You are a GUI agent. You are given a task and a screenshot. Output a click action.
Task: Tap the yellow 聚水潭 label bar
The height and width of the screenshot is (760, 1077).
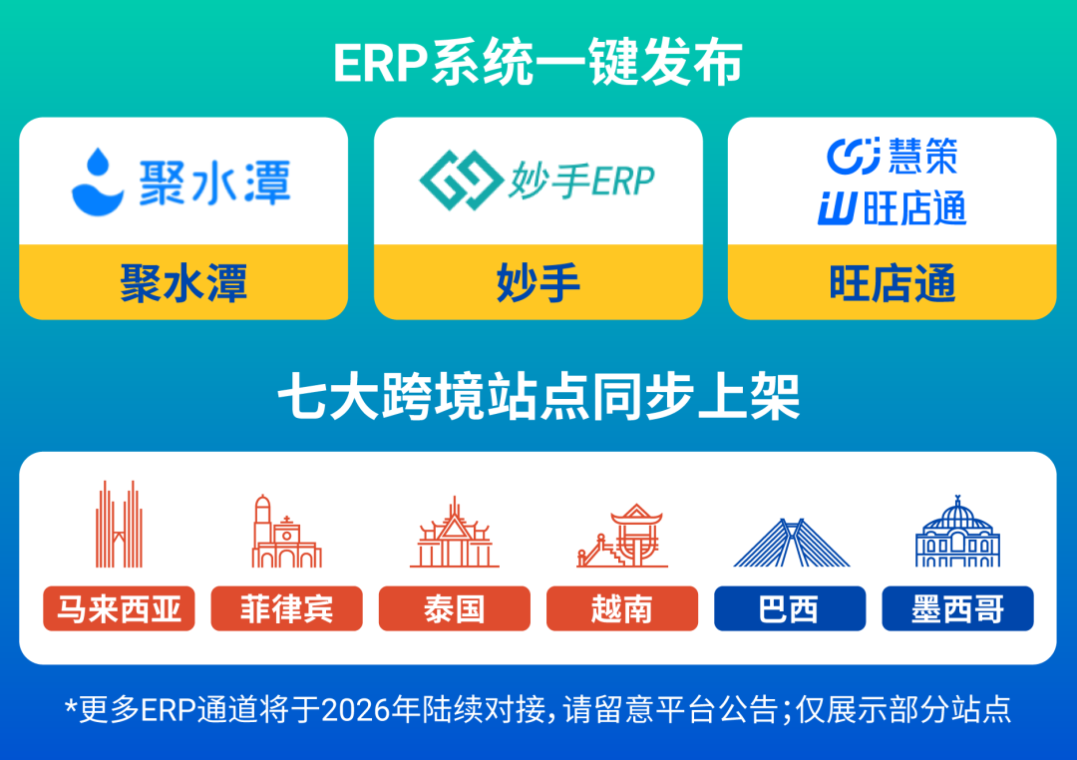pos(183,283)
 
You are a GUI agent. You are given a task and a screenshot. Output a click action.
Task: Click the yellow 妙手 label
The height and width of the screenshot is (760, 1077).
pos(538,283)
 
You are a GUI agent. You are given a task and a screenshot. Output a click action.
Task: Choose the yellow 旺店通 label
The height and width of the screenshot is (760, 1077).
pos(892,283)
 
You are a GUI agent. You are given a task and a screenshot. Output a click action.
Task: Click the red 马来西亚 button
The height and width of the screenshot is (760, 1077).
pos(119,608)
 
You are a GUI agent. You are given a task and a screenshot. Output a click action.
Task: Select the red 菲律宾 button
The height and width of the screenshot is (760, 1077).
pos(286,608)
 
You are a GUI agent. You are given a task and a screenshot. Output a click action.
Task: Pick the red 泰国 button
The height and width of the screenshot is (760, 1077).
pos(455,608)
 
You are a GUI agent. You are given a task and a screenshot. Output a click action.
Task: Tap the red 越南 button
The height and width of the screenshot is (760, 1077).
pos(622,608)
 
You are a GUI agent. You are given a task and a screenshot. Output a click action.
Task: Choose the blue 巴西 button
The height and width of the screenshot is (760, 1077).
pos(790,608)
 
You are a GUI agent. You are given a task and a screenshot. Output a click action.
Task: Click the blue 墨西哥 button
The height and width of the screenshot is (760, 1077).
pos(957,608)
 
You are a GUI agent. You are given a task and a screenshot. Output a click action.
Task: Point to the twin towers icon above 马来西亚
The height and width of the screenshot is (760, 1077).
pos(119,526)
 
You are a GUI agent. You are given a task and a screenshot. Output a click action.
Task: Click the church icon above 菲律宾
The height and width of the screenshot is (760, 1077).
pos(286,531)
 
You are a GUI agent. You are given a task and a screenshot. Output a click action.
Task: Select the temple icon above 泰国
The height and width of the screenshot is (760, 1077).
pos(455,534)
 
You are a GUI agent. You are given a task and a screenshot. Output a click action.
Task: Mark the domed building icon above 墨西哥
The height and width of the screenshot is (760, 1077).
pos(957,532)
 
